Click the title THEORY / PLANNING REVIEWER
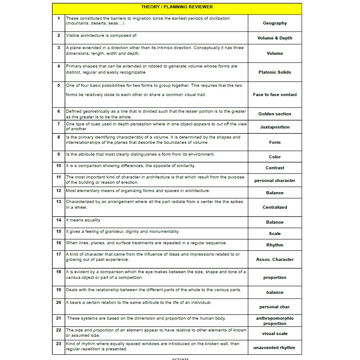[x=177, y=7]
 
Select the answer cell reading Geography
[x=274, y=23]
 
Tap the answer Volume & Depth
[x=274, y=38]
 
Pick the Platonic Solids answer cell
[x=274, y=72]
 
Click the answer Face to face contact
[x=274, y=95]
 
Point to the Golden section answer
[x=274, y=114]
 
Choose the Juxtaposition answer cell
[x=274, y=127]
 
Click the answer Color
[x=274, y=157]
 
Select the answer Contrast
[x=274, y=168]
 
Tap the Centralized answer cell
[x=274, y=207]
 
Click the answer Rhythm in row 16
[x=274, y=245]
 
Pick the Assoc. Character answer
[x=274, y=260]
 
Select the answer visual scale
[x=274, y=334]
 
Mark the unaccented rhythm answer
[x=274, y=348]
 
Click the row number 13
[x=59, y=202]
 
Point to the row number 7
[x=59, y=124]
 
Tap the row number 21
[x=59, y=318]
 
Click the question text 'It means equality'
[x=83, y=220]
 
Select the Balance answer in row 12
[x=274, y=193]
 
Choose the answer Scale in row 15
[x=274, y=234]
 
